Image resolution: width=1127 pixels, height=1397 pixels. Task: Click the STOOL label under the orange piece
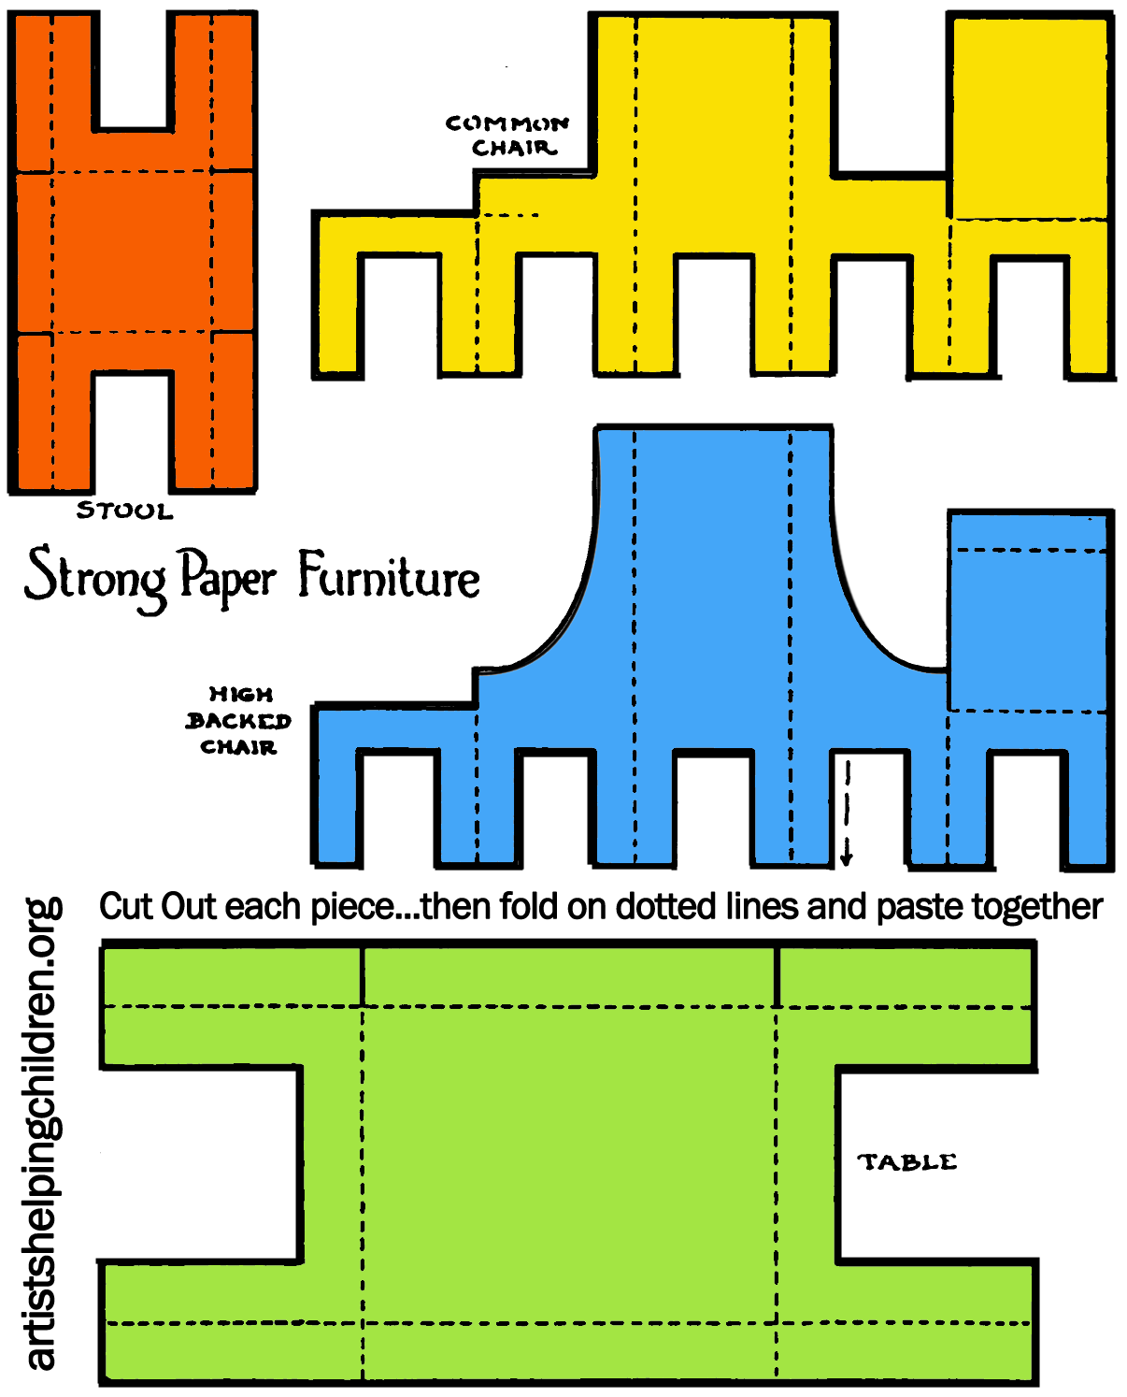click(124, 511)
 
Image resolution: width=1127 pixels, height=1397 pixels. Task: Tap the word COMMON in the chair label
click(506, 123)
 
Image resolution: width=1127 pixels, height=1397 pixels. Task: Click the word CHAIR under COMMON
click(514, 148)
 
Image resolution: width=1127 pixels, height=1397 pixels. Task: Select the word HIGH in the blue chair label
click(241, 694)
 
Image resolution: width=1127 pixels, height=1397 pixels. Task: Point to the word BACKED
click(238, 721)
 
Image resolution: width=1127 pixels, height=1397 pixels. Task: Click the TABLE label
click(907, 1162)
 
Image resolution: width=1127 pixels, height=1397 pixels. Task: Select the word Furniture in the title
click(389, 576)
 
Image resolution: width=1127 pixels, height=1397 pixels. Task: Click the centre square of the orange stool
click(132, 252)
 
